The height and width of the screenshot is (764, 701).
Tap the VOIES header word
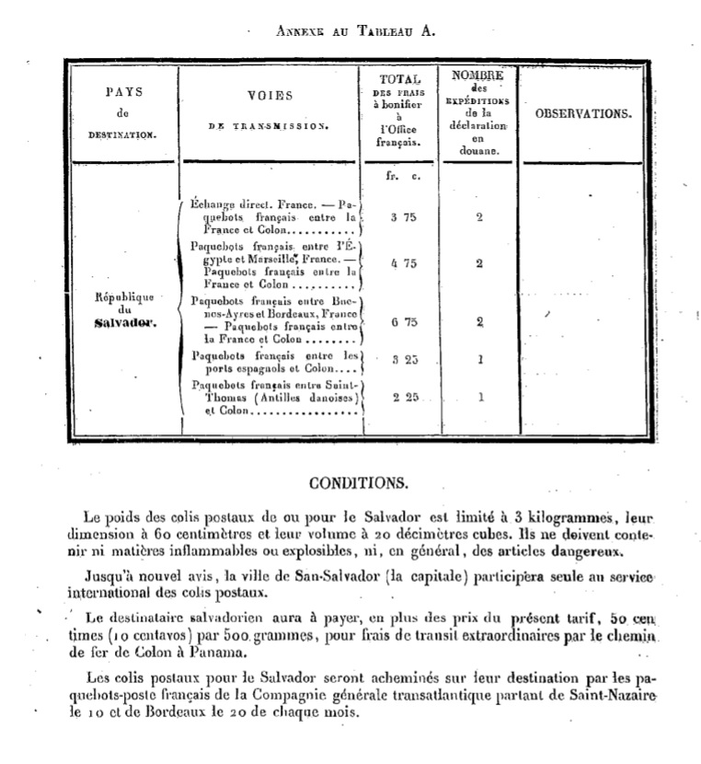point(270,96)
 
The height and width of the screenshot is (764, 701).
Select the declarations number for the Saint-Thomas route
point(480,398)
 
